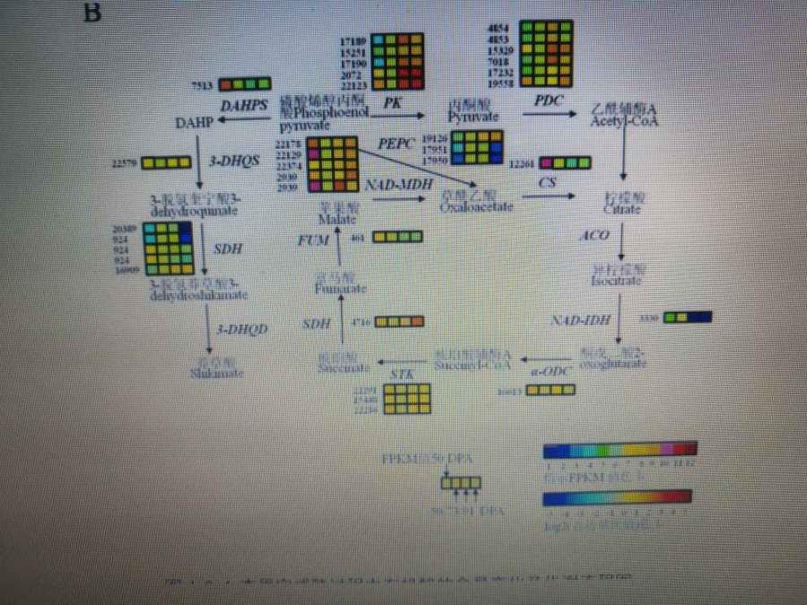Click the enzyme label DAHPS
(x=244, y=105)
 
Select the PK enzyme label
(x=392, y=102)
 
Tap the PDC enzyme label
(x=549, y=100)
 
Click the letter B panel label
(x=91, y=13)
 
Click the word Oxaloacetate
(x=476, y=207)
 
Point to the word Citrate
(x=622, y=209)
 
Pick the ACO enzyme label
(x=594, y=236)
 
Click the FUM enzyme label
(x=314, y=239)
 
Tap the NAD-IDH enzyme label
(x=580, y=320)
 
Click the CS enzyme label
(x=548, y=183)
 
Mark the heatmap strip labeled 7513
(x=244, y=84)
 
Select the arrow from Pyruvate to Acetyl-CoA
(x=550, y=114)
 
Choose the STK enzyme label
(x=401, y=372)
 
